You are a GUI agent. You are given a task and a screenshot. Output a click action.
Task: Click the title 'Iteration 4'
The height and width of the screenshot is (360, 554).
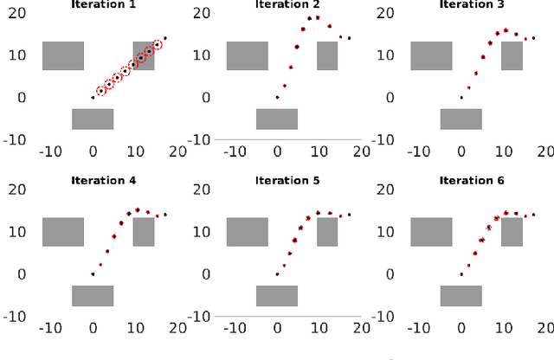pos(103,181)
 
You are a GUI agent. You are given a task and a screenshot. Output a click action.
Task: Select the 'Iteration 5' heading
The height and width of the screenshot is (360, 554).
pos(287,181)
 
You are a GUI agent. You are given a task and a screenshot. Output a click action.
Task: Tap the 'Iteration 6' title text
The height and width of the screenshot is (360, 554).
pos(471,181)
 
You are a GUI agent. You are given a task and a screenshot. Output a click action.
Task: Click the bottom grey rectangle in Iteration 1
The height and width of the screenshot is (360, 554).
pos(93,119)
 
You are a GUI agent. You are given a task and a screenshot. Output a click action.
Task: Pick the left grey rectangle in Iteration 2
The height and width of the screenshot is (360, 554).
pos(247,55)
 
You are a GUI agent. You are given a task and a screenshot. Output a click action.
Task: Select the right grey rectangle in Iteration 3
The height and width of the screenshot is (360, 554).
pos(512,55)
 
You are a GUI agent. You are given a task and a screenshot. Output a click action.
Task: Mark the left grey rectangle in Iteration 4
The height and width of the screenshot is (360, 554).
pos(63,232)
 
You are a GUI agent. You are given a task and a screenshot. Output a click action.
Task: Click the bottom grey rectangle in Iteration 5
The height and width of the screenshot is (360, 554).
pos(277,295)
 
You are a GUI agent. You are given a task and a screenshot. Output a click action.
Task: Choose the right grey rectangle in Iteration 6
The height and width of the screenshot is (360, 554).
pos(512,232)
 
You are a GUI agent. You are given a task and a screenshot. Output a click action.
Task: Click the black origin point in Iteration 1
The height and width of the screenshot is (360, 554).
pos(93,97)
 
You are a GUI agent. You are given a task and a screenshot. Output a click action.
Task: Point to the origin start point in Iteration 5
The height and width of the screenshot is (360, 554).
pos(277,273)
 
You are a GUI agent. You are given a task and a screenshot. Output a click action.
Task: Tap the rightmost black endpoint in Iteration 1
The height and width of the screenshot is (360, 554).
pos(165,38)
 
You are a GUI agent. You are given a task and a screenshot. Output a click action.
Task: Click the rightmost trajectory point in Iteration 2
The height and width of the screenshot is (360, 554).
pos(349,38)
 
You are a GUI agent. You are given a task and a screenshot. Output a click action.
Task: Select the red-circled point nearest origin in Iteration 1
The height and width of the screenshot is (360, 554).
pos(101,90)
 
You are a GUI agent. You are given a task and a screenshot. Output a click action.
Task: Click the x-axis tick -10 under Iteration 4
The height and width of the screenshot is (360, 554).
pos(49,328)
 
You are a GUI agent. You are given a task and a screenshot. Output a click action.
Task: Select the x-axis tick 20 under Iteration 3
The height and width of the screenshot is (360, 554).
pos(544,151)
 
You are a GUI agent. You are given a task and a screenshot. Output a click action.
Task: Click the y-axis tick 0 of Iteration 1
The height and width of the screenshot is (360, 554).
pos(24,97)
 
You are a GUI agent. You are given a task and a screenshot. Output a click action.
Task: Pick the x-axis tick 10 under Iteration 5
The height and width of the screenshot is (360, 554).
pos(319,328)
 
